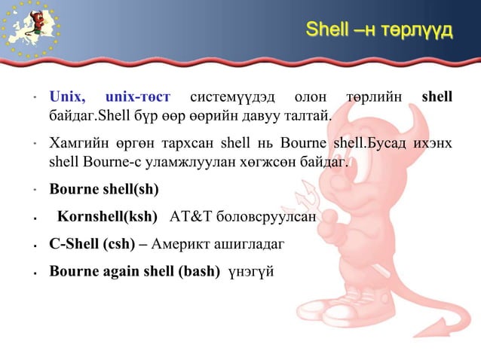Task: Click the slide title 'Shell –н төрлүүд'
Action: (x=378, y=31)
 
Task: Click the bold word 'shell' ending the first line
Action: (x=437, y=97)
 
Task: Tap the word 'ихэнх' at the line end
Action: (x=432, y=143)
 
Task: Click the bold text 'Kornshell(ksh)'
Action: (x=108, y=217)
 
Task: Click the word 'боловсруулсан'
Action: (x=265, y=217)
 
